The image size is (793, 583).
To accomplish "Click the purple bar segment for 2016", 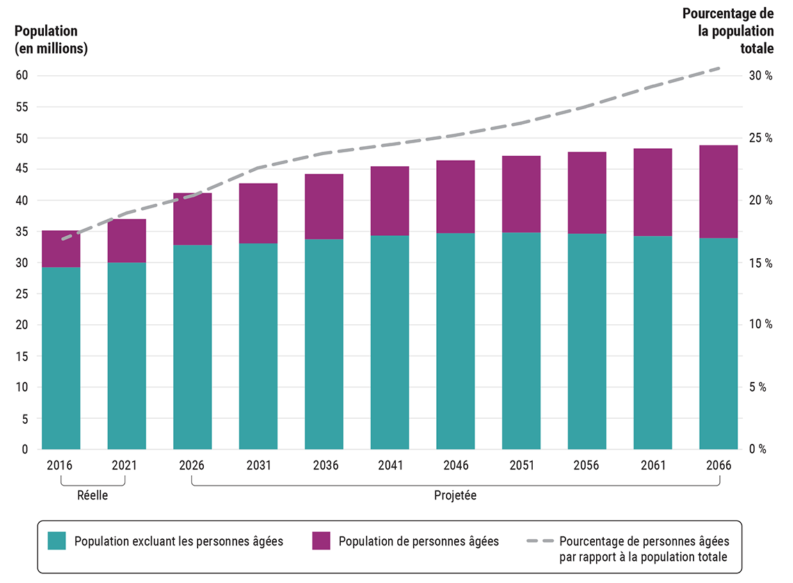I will coord(61,248).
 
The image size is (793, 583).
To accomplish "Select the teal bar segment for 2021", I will coord(127,356).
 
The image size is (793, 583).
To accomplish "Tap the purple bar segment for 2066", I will coord(718,191).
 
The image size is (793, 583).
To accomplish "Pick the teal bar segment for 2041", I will coord(390,342).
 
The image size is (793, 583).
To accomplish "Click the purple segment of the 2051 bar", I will coord(521,194).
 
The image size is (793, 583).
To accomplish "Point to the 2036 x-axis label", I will coord(323,465).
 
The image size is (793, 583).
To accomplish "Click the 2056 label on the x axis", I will coord(586,465).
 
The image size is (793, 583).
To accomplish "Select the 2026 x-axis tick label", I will coord(192,465).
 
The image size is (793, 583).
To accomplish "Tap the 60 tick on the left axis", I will coord(22,76).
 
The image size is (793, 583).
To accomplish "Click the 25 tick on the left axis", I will coord(22,294).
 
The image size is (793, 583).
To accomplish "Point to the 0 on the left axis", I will coord(24,449).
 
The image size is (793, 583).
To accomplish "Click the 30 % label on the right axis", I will coord(760,76).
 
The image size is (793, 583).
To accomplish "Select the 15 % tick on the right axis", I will coord(760,263).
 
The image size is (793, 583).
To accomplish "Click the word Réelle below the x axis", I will coord(93,496).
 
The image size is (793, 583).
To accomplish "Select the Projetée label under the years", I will coord(455,496).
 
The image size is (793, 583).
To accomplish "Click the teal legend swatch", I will coord(56,541).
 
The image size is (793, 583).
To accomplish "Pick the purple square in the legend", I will coord(321,541).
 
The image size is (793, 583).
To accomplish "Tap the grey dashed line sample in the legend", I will coord(539,541).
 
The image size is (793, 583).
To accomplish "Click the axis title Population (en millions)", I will coord(51,40).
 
